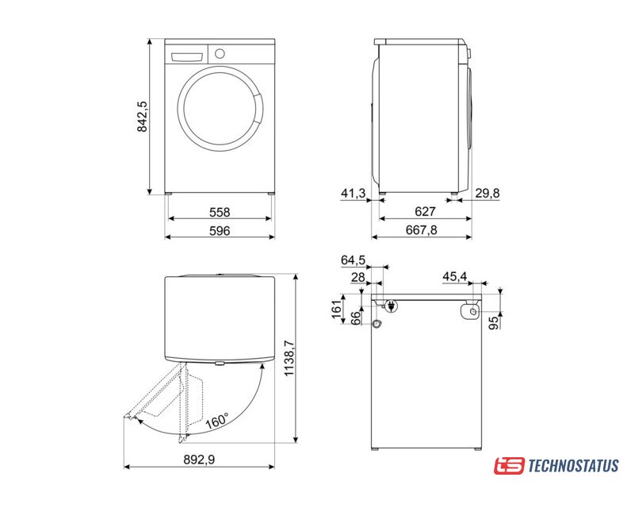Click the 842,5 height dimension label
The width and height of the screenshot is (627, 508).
[142, 117]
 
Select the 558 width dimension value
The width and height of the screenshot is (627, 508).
[220, 212]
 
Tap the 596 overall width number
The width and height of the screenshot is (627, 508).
[220, 230]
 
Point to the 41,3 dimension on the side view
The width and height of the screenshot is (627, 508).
[353, 194]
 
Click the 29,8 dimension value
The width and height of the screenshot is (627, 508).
[487, 194]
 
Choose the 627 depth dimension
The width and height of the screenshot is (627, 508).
[425, 211]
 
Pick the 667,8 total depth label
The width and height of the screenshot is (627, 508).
[422, 229]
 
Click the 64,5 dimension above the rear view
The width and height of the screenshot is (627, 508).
[353, 260]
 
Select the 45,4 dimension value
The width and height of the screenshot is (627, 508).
[455, 276]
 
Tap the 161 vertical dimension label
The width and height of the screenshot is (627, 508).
[337, 308]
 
